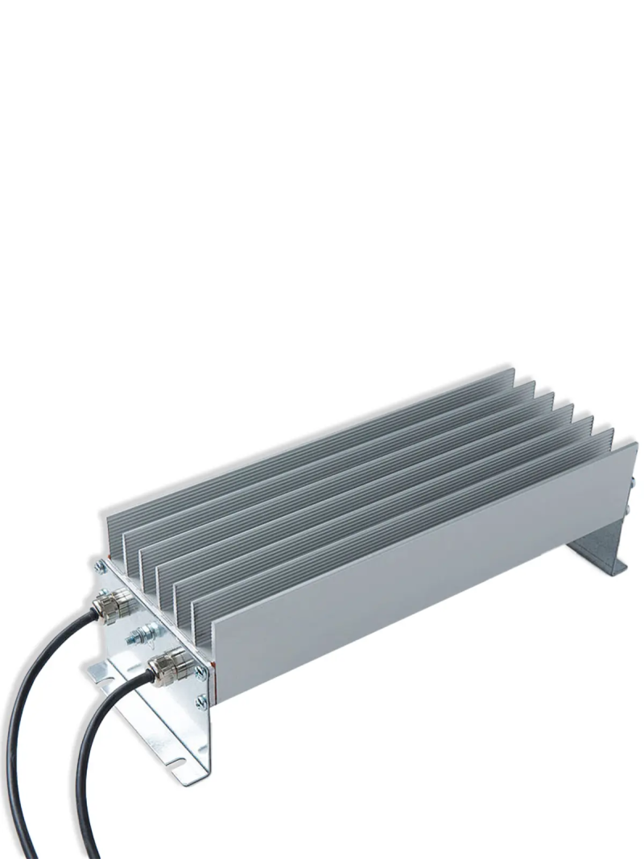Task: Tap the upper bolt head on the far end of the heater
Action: coord(633,483)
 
